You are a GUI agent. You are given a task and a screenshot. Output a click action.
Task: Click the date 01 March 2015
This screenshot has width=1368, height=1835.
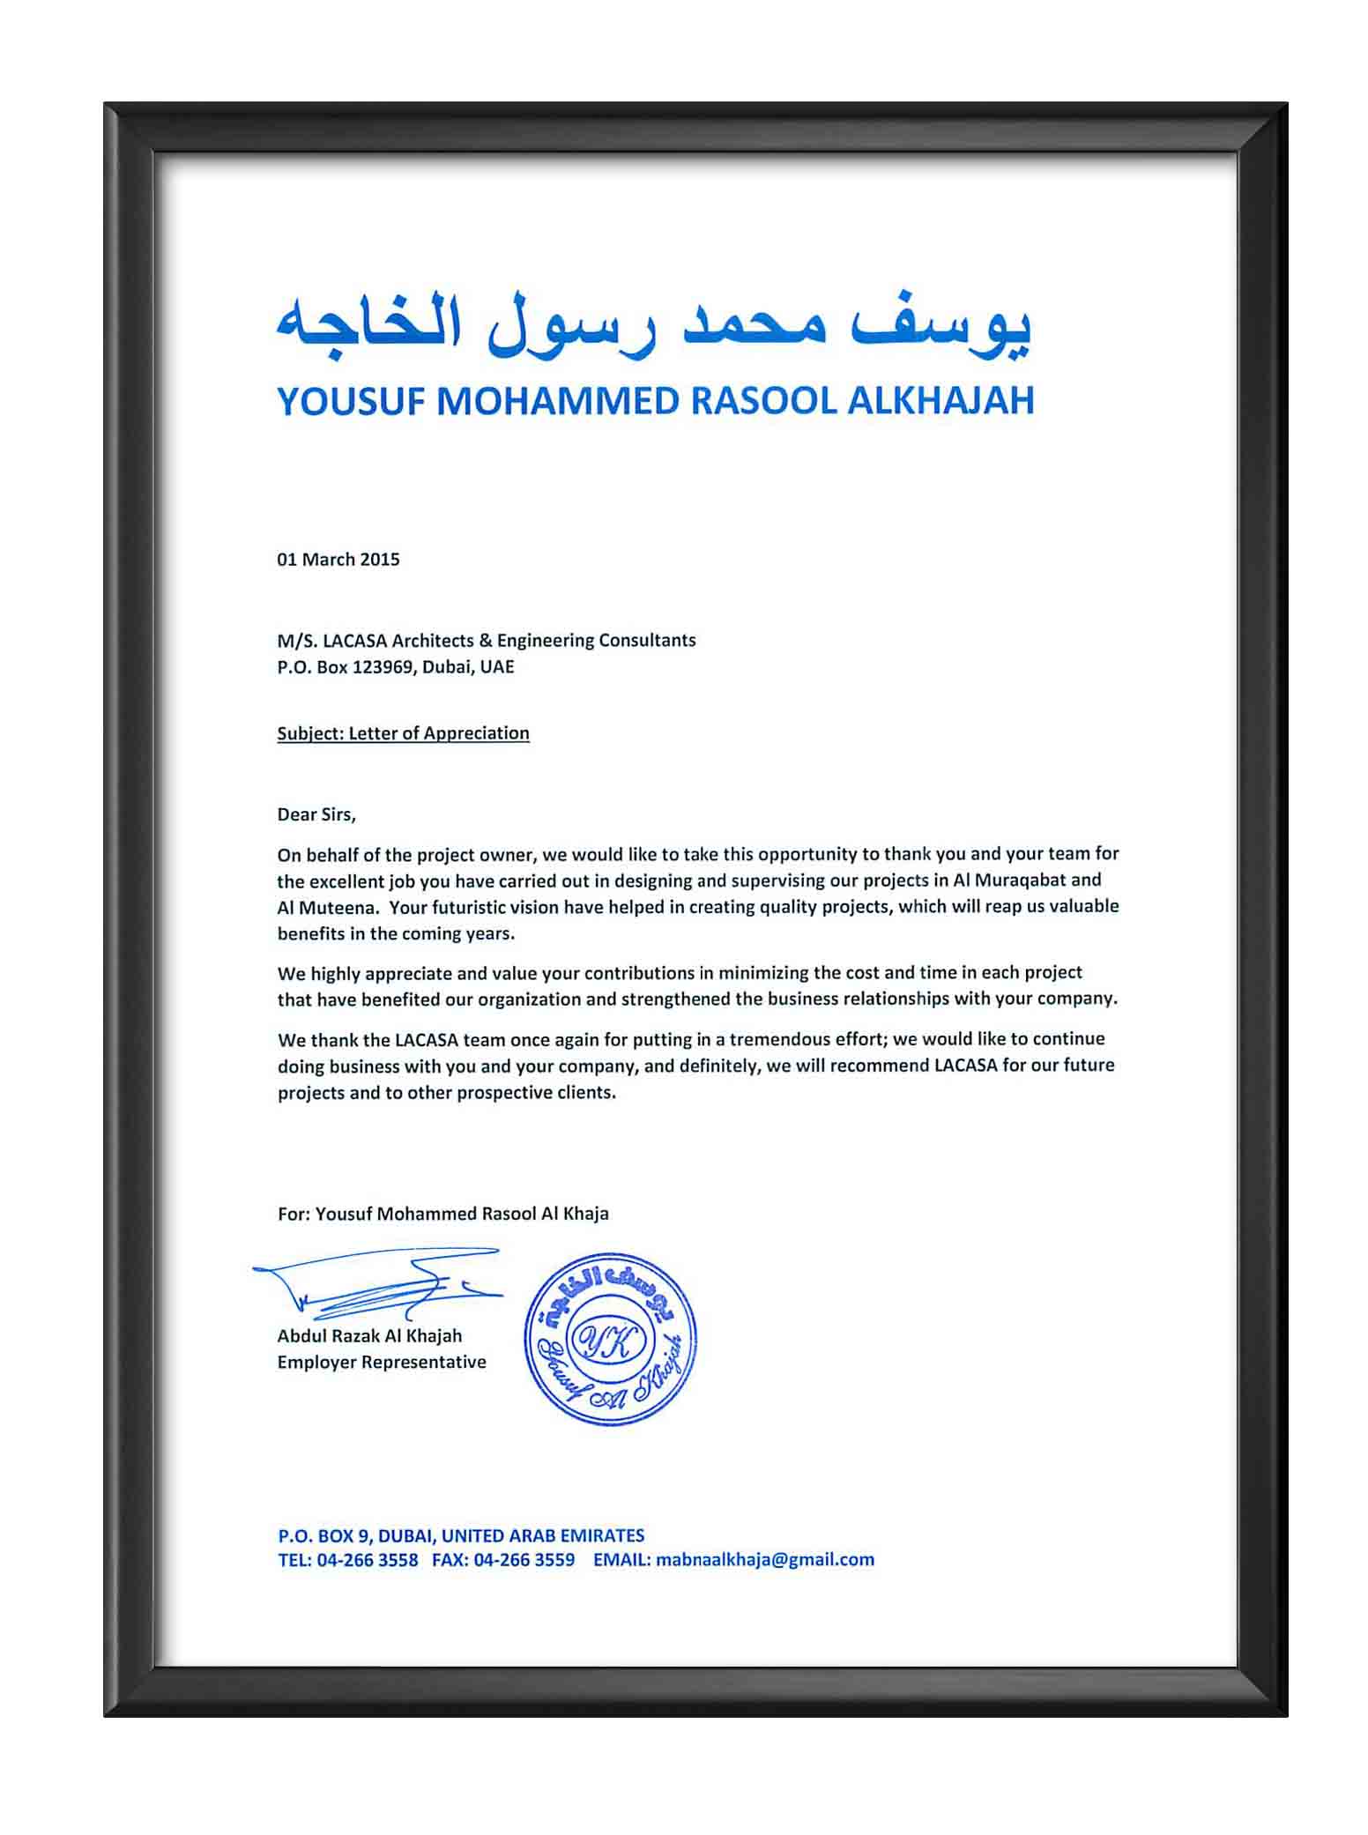(338, 560)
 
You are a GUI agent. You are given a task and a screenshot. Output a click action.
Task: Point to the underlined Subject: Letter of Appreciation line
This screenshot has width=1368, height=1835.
(403, 733)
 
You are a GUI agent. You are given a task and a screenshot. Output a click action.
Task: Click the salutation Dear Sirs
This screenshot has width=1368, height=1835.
(316, 814)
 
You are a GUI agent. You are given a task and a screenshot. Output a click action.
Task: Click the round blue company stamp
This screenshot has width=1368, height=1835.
(610, 1341)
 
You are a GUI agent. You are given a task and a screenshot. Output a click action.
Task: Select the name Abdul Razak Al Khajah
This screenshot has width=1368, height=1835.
(369, 1335)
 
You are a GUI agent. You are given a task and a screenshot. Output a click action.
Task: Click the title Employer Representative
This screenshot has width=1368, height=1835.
(382, 1362)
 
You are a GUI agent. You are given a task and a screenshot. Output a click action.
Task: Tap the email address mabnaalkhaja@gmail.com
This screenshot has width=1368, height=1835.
(765, 1559)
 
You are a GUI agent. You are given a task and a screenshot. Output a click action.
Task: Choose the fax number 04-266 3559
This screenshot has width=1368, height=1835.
(524, 1559)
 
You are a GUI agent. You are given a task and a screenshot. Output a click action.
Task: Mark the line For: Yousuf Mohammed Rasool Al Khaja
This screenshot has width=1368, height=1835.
(442, 1214)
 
